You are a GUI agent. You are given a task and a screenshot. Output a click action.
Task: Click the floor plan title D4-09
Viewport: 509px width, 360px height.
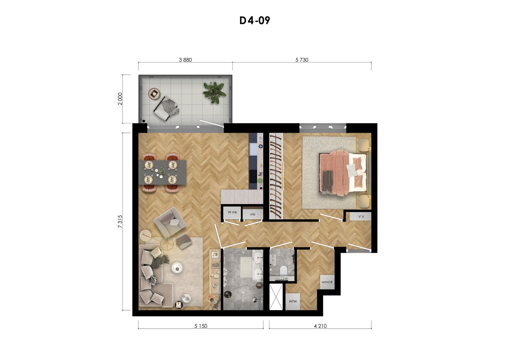(255, 21)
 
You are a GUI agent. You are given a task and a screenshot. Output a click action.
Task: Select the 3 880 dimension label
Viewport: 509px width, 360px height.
(185, 60)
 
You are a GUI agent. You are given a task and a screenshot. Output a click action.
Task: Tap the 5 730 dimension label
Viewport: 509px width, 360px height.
(302, 60)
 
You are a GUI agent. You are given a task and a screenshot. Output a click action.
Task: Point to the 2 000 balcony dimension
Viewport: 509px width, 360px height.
(120, 99)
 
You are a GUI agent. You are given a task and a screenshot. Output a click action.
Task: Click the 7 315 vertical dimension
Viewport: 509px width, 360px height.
(120, 221)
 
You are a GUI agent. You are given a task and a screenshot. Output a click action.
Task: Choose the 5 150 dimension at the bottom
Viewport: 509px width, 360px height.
(201, 326)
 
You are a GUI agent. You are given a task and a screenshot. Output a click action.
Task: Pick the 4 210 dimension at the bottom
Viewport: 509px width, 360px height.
(320, 326)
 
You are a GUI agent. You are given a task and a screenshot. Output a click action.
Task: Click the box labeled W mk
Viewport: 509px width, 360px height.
(232, 213)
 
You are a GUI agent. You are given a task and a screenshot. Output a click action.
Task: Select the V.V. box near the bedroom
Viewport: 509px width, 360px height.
(361, 216)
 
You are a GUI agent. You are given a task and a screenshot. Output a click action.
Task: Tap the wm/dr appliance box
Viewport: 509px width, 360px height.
(327, 282)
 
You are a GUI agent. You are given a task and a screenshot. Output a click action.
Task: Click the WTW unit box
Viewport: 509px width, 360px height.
(293, 301)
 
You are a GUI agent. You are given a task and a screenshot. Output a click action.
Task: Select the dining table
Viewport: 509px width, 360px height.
(164, 172)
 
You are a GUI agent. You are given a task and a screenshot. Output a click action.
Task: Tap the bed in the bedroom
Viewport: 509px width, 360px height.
(343, 173)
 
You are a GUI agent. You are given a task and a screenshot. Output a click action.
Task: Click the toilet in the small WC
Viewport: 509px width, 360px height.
(283, 271)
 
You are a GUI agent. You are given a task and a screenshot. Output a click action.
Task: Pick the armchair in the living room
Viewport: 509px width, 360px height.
(170, 223)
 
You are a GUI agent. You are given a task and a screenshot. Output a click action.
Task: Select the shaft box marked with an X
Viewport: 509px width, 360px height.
(276, 296)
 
